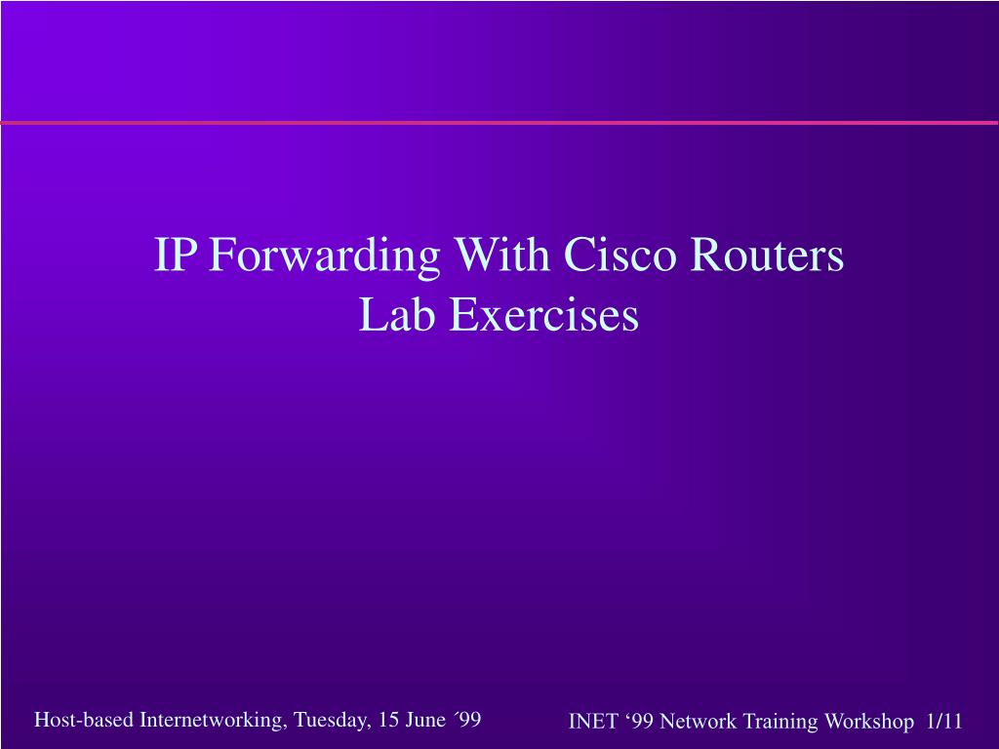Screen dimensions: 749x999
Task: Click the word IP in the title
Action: [176, 256]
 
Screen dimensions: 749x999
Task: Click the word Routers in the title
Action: [766, 256]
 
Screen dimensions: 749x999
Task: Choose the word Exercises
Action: [543, 315]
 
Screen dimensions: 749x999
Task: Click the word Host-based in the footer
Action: [85, 721]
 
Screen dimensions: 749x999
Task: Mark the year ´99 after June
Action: [467, 721]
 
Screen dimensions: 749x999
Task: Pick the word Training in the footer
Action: [780, 722]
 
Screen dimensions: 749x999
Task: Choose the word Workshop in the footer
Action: [862, 722]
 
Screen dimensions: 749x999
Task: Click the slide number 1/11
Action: [944, 722]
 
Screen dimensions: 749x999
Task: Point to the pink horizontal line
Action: [499, 123]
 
